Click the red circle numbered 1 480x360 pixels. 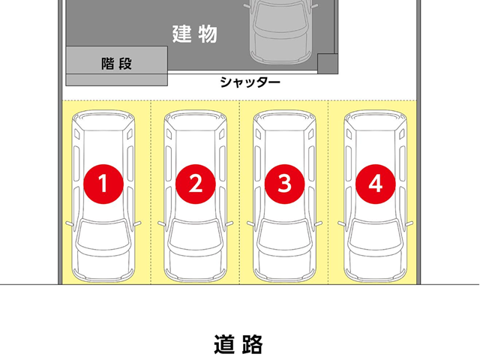[105, 182]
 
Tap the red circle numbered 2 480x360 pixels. [195, 182]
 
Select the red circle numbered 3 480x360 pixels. [284, 182]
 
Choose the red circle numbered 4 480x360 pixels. [375, 182]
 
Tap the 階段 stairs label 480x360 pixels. [116, 64]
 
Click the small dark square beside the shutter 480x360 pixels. [327, 63]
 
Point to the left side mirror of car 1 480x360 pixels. [69, 224]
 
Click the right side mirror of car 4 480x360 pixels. [409, 224]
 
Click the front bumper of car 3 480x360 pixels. [284, 274]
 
